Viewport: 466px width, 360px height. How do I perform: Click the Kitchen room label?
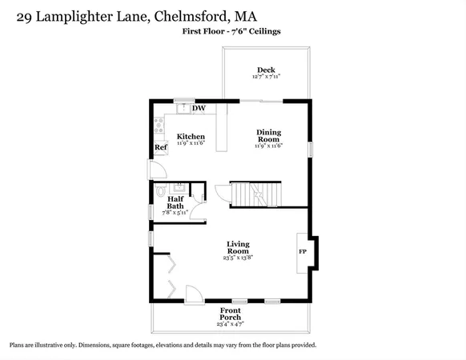(191, 137)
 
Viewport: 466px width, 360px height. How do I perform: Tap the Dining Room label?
(269, 136)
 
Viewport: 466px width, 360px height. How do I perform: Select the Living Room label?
(238, 247)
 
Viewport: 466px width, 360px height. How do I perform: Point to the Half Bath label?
(175, 202)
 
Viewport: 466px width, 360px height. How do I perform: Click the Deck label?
(266, 70)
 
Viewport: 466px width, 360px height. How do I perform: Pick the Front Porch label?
(231, 314)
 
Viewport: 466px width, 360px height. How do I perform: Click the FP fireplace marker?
(303, 251)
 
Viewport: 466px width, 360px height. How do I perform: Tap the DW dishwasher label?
(199, 108)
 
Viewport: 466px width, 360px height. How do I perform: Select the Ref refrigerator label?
(161, 147)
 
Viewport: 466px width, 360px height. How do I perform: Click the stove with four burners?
(159, 126)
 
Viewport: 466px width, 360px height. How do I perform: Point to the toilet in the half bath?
(161, 190)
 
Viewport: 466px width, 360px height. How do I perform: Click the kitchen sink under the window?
(183, 108)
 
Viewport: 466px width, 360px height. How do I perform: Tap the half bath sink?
(179, 188)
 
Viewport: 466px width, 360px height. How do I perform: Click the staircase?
(256, 194)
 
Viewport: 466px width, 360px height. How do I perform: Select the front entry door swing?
(194, 294)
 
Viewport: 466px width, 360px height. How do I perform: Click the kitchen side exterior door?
(158, 170)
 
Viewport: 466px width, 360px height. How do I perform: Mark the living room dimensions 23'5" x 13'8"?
(238, 258)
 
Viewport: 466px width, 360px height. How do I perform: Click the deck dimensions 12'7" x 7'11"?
(267, 76)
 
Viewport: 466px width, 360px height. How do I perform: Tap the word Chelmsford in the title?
(191, 17)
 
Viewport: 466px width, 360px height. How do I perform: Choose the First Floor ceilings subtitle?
(231, 31)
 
